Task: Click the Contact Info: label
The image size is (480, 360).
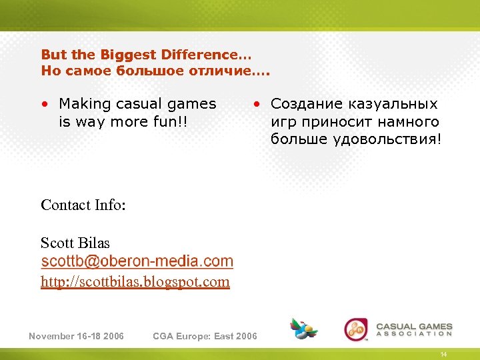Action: [83, 205]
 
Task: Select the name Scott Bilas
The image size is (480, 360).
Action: [75, 243]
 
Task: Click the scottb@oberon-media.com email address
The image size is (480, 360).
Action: [137, 261]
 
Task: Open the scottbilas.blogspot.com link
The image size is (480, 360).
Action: [135, 282]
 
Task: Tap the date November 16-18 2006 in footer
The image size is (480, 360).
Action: [76, 336]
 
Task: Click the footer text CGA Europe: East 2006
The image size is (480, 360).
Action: [205, 336]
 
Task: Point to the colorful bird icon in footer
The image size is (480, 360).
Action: [303, 328]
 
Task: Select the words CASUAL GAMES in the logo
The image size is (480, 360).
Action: [414, 327]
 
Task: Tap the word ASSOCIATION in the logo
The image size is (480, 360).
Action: [414, 335]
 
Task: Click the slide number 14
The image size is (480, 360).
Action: [443, 354]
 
